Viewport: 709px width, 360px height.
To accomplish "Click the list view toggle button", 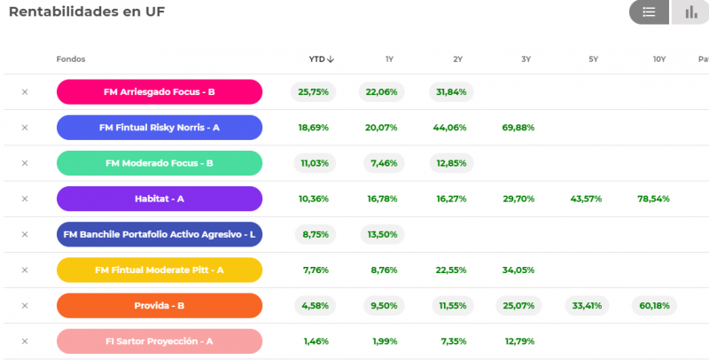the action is [649, 12].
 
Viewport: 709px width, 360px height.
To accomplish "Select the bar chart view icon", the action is [690, 12].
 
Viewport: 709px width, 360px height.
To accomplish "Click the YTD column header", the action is [322, 59].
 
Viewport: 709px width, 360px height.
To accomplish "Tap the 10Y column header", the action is [659, 59].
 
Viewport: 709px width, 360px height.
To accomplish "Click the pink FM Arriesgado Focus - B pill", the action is [160, 92].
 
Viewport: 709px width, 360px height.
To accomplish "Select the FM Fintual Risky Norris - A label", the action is [160, 128].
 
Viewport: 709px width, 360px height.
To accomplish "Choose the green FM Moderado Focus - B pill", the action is [160, 163].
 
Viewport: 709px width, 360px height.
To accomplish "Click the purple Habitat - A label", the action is [160, 199].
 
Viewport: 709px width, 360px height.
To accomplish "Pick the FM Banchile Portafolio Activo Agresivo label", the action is [160, 234].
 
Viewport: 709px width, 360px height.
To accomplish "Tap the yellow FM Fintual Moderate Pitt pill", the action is [160, 270].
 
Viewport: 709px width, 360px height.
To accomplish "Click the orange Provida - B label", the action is [160, 306].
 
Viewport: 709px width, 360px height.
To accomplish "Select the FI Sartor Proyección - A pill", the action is [160, 341].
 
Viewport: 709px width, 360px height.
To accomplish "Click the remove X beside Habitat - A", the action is [25, 199].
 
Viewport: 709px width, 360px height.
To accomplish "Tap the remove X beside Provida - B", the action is [25, 306].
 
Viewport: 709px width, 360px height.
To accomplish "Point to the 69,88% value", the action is [518, 128].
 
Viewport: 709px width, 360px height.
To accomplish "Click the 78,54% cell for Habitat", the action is [653, 199].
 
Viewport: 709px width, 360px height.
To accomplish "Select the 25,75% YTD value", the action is [314, 92].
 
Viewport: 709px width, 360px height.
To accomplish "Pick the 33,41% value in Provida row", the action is [587, 306].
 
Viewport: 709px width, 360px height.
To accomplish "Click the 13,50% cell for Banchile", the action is [383, 234].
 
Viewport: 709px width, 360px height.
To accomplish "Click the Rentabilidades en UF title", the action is [87, 12].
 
